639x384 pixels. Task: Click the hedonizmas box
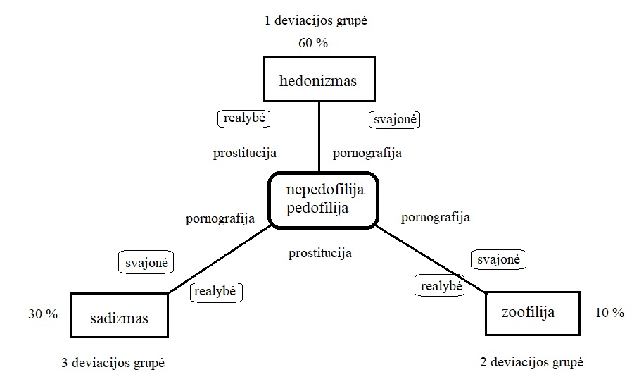pyautogui.click(x=318, y=80)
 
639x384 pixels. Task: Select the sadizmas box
pyautogui.click(x=120, y=318)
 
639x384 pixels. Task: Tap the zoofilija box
pyautogui.click(x=532, y=312)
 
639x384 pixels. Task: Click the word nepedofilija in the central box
pyautogui.click(x=322, y=190)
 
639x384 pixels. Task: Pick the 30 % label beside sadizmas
pyautogui.click(x=42, y=314)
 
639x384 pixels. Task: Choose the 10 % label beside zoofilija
pyautogui.click(x=609, y=313)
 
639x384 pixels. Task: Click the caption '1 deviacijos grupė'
pyautogui.click(x=316, y=20)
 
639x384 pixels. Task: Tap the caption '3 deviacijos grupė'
pyautogui.click(x=113, y=363)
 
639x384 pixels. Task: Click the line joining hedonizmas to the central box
pyautogui.click(x=319, y=137)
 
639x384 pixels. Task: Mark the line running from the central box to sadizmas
pyautogui.click(x=218, y=259)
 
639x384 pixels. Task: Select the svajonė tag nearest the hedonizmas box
pyautogui.click(x=394, y=120)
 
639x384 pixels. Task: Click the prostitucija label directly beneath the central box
pyautogui.click(x=320, y=253)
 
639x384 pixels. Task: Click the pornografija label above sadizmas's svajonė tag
pyautogui.click(x=220, y=218)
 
